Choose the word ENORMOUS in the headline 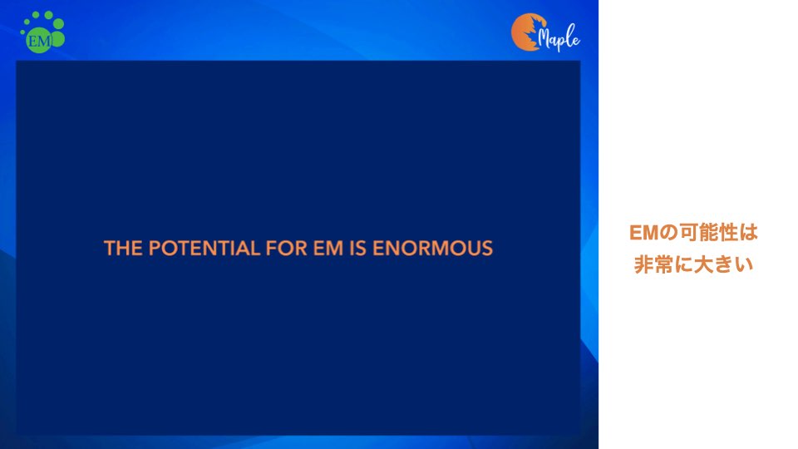pos(432,249)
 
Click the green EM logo pos(42,32)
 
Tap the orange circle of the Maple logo pos(526,32)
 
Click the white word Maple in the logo pos(559,37)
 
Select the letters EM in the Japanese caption pos(643,233)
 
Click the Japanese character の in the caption pos(668,233)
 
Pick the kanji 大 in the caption pos(703,264)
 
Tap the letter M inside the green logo pos(45,41)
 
